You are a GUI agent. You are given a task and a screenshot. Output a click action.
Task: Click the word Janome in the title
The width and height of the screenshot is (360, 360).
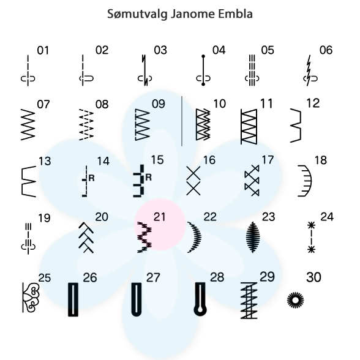coord(193,13)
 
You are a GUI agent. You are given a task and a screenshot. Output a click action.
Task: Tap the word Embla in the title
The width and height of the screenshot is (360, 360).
coord(235,13)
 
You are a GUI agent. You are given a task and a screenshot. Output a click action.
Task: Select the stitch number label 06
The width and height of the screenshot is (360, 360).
coord(326,50)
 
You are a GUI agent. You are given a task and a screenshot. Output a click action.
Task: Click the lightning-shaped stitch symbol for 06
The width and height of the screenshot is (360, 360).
coord(309,70)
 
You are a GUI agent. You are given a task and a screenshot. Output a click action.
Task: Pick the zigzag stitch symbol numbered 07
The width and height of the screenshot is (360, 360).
coord(28,124)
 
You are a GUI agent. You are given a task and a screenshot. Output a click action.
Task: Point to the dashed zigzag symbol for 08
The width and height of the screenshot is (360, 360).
coord(86,124)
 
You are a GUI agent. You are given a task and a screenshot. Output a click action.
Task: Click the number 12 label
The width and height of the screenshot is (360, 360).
coord(313,103)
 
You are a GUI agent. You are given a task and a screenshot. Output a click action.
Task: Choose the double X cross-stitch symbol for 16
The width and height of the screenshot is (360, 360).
coord(193,181)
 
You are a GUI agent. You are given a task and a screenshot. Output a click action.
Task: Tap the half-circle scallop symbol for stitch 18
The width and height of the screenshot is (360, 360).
coord(305,181)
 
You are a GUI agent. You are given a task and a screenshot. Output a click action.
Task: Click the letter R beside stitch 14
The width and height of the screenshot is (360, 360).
coord(91,178)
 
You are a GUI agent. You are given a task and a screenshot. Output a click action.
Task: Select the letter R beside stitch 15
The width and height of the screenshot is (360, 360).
coord(149,178)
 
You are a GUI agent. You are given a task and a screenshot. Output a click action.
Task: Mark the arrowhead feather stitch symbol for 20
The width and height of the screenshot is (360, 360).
coord(86,238)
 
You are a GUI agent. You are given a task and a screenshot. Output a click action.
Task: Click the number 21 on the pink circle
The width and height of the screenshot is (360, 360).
coord(159,217)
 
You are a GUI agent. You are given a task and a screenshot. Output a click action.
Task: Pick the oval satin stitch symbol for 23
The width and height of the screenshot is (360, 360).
coord(253,237)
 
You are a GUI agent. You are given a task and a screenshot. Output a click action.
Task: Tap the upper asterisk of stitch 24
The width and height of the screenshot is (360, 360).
coord(311,225)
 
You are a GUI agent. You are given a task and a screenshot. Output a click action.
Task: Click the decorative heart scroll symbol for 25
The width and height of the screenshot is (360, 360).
coord(31,298)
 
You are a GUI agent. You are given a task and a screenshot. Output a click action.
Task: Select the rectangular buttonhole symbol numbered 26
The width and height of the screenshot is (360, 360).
coord(73,299)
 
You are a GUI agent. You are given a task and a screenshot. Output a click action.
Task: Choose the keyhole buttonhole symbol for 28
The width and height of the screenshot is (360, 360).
coord(200,299)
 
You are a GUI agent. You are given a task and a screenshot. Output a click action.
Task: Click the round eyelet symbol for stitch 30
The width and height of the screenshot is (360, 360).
coord(296,300)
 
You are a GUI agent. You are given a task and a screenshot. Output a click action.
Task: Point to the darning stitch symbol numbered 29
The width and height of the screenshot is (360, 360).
coord(249,300)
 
